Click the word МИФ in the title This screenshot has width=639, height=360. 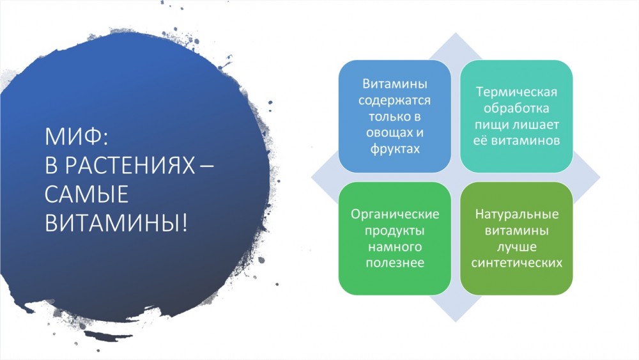[73, 137]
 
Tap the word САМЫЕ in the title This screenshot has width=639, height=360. [86, 194]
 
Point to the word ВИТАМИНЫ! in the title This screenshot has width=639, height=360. [116, 223]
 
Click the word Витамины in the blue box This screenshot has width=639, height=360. [394, 84]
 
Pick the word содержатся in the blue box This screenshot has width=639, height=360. [394, 100]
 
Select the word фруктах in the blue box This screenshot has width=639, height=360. [394, 149]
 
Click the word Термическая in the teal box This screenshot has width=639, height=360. [516, 92]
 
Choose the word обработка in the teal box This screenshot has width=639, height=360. [516, 109]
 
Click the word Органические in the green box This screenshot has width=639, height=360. [395, 214]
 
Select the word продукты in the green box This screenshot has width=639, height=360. [394, 231]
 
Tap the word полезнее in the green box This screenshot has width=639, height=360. [394, 263]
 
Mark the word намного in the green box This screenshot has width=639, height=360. [394, 247]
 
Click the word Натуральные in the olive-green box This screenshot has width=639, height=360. [516, 214]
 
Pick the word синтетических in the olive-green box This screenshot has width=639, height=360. [516, 263]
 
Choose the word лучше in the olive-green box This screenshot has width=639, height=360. [516, 247]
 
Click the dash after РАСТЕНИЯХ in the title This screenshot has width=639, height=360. [206, 167]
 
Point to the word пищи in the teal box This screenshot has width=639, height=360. [491, 125]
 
